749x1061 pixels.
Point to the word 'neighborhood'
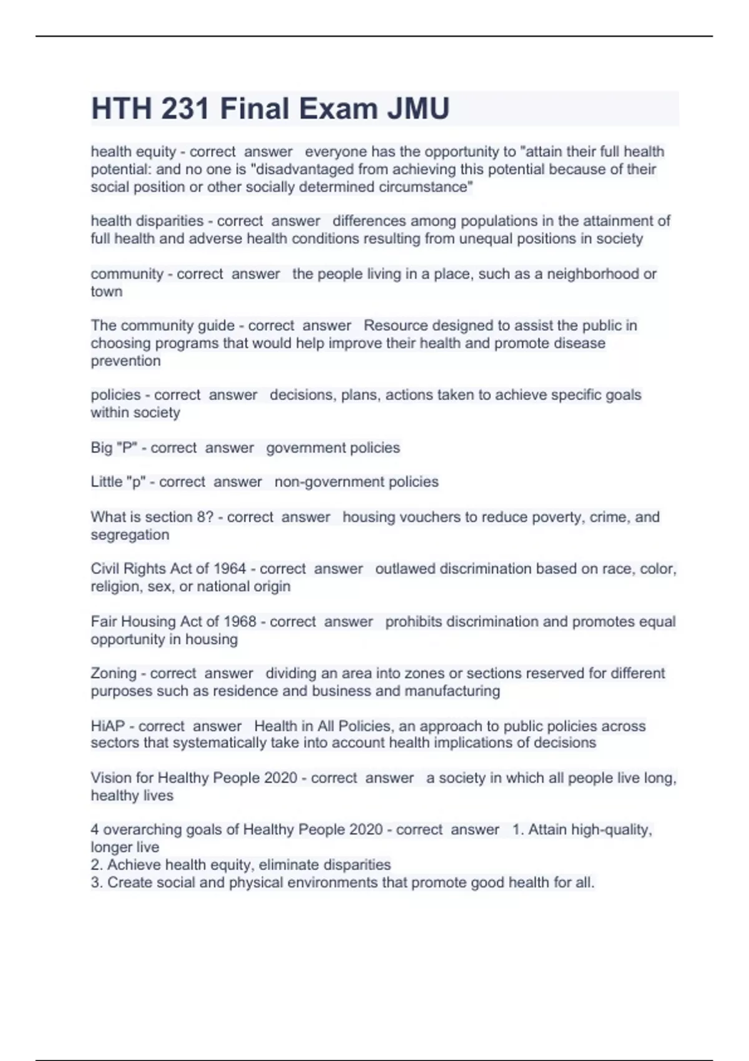coord(593,274)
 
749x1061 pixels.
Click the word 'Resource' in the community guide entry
coord(391,326)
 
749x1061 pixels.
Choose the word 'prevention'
coord(125,361)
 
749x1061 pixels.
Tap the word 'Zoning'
coord(114,673)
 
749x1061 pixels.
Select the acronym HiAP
coord(107,726)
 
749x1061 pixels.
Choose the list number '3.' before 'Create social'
coord(97,883)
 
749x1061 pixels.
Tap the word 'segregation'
coord(130,535)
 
